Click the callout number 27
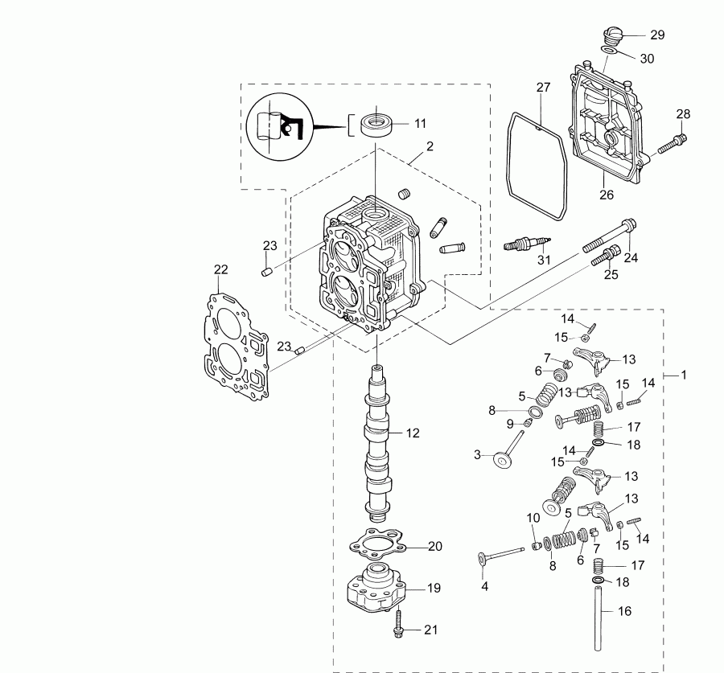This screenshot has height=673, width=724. tap(543, 87)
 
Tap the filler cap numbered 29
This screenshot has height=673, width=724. tap(612, 36)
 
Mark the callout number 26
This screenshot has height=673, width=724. tap(607, 194)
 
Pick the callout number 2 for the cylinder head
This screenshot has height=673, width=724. tap(430, 146)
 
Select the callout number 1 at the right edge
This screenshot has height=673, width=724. tap(685, 375)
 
